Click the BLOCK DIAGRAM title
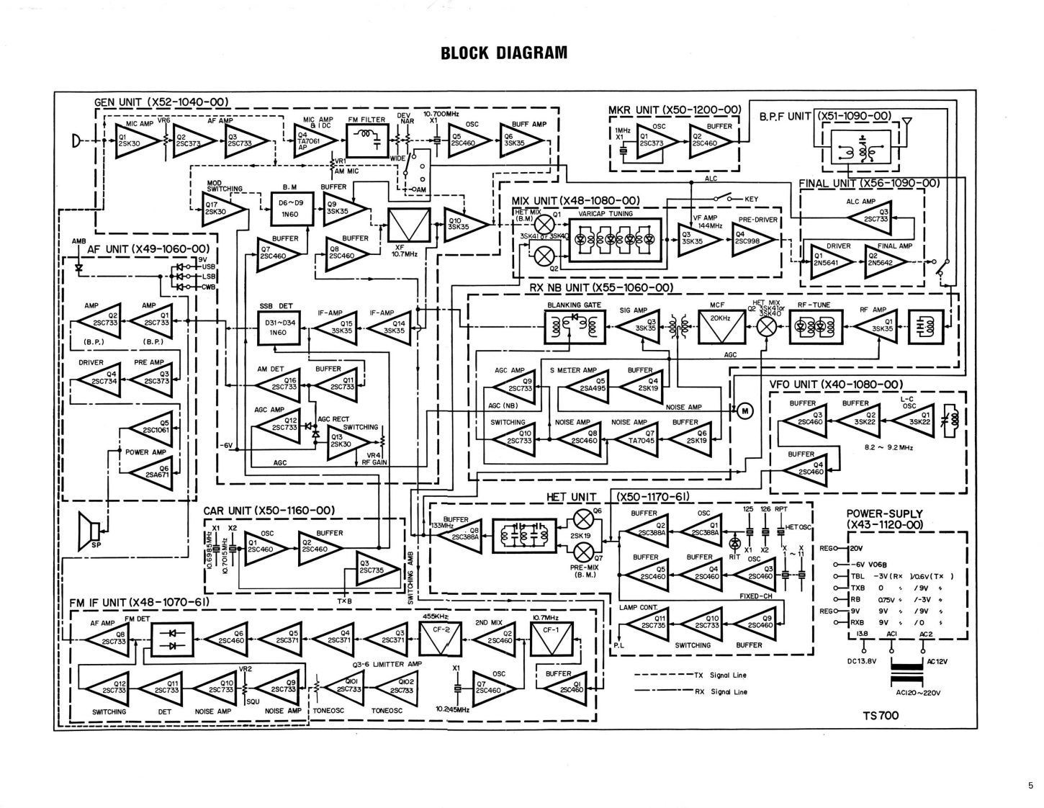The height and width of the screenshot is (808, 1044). coord(504,53)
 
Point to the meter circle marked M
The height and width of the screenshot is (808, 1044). coord(745,411)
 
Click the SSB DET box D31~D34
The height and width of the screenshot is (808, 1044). coord(277,328)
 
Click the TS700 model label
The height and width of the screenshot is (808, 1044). coord(881,715)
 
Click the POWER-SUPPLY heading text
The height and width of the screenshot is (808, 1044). coord(885,519)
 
